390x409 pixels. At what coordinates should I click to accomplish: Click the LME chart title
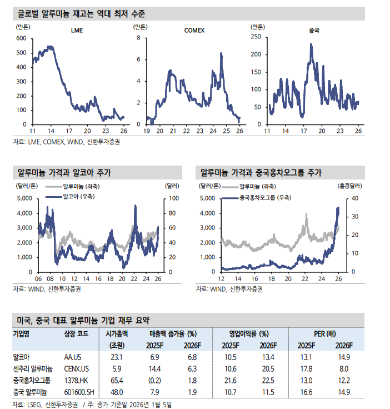[x=77, y=31]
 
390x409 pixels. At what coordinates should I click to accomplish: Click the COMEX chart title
[x=194, y=31]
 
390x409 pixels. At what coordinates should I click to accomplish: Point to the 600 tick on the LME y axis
[x=22, y=38]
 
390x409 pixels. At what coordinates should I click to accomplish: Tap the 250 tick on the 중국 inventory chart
[x=256, y=37]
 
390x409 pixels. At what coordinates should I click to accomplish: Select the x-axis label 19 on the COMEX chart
[x=147, y=131]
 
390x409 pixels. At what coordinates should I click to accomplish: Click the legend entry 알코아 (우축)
[x=77, y=197]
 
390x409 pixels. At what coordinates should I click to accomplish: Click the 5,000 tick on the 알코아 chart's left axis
[x=23, y=198]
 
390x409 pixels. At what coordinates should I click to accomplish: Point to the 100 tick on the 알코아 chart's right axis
[x=173, y=198]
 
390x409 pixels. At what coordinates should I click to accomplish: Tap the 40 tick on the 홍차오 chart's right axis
[x=355, y=198]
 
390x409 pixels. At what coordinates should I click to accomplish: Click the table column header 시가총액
[x=116, y=334]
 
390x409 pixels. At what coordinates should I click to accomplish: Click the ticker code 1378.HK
[x=77, y=380]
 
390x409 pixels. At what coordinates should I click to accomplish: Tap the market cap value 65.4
[x=116, y=380]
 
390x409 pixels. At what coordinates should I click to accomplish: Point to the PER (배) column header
[x=324, y=334]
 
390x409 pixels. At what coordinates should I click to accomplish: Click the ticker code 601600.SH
[x=80, y=392]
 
